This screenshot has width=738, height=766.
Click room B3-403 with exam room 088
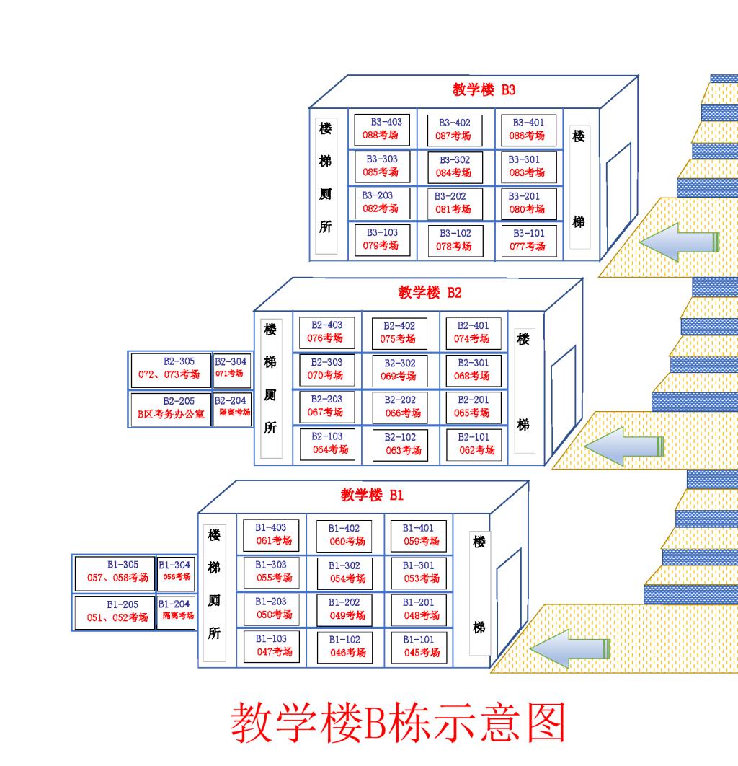coord(383,129)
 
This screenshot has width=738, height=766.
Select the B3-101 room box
coord(529,239)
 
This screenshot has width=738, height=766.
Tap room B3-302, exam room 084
coord(453,167)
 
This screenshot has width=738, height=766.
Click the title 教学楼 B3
coord(484,90)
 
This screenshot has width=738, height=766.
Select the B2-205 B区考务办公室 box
coord(171,408)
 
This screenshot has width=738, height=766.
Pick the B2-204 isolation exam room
coord(231,407)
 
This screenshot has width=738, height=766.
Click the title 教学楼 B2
coord(430,293)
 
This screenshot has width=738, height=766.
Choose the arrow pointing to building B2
coord(623,446)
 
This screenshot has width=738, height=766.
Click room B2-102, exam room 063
coord(400,444)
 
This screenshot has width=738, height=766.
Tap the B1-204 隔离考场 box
coord(176,610)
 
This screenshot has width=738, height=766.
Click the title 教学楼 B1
coord(373,496)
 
